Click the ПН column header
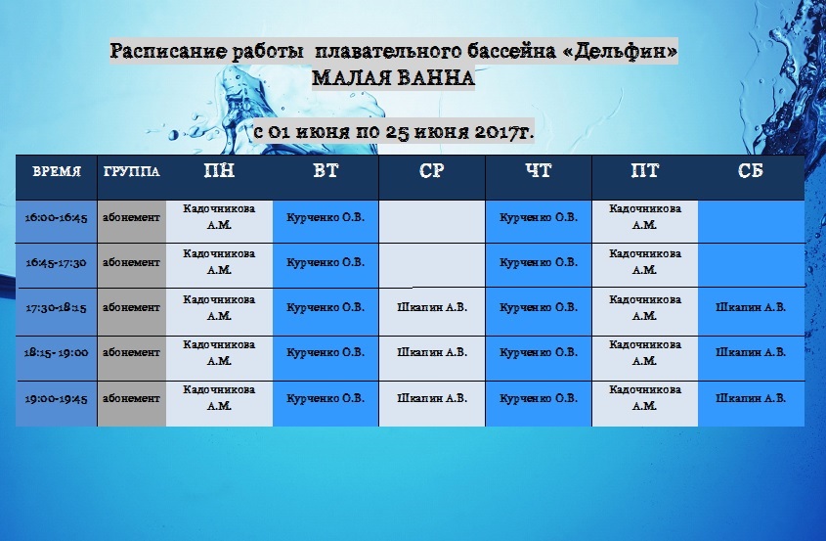click(x=219, y=171)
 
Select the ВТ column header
click(x=326, y=171)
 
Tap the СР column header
click(x=432, y=171)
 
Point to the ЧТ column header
click(x=539, y=171)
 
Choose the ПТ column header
click(x=645, y=171)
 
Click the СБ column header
click(x=751, y=171)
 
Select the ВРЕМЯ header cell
click(x=57, y=171)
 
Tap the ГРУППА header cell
click(x=132, y=171)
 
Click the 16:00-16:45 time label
click(x=57, y=217)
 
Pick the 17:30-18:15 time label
click(x=57, y=307)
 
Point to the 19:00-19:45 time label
click(x=57, y=398)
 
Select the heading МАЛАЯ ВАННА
click(x=394, y=78)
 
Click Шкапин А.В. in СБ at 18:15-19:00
click(x=751, y=352)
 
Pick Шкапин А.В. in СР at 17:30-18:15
click(x=432, y=307)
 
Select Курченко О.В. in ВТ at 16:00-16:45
click(x=326, y=217)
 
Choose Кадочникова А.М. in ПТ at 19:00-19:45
click(x=645, y=397)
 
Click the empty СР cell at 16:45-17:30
click(x=432, y=265)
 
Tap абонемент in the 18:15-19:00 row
click(x=131, y=352)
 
